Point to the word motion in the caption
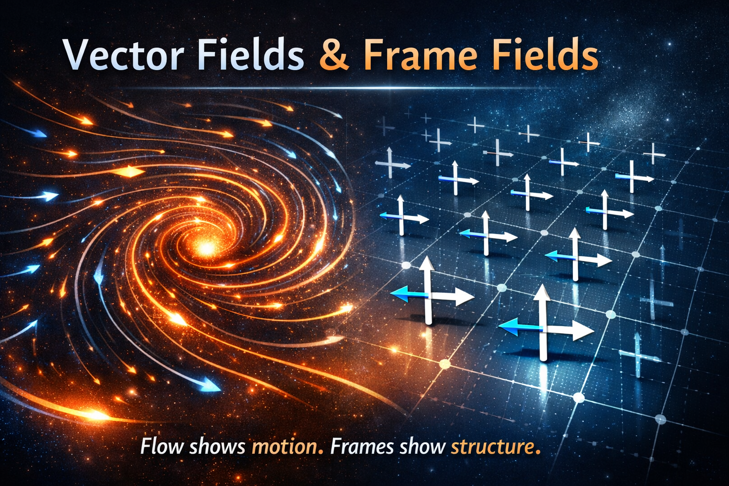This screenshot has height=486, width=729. pos(284,447)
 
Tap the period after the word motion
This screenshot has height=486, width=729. pos(321,452)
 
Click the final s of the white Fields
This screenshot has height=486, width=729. pos(295,58)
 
